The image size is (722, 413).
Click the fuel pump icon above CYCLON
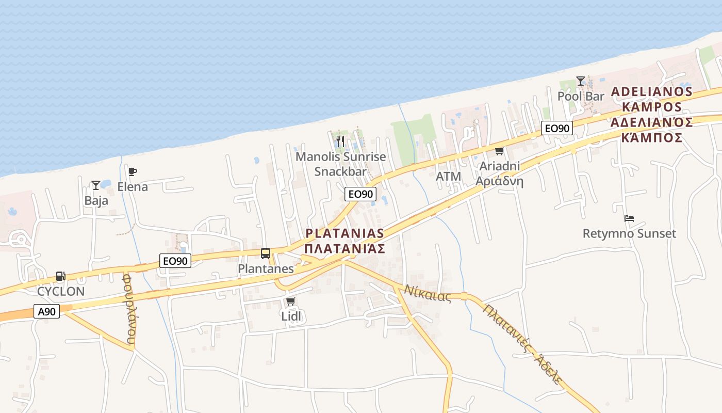60,276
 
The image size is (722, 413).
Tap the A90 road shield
47,311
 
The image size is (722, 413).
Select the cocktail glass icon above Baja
95,185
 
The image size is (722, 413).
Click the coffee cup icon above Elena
133,171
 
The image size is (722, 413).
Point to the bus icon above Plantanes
266,253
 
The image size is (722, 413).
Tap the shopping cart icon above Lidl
290,301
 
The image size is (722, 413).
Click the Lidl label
291,316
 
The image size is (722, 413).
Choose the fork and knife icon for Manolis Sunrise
340,141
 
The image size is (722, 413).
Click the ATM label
448,176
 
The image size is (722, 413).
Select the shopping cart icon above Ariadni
499,151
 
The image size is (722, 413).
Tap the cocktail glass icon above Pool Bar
581,81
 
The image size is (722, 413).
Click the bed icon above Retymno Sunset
629,218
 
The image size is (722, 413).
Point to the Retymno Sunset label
629,233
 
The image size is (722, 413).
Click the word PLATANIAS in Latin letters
344,233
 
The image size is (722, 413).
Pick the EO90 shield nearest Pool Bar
557,128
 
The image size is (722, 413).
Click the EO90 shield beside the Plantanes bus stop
175,261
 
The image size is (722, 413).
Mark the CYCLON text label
61,291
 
